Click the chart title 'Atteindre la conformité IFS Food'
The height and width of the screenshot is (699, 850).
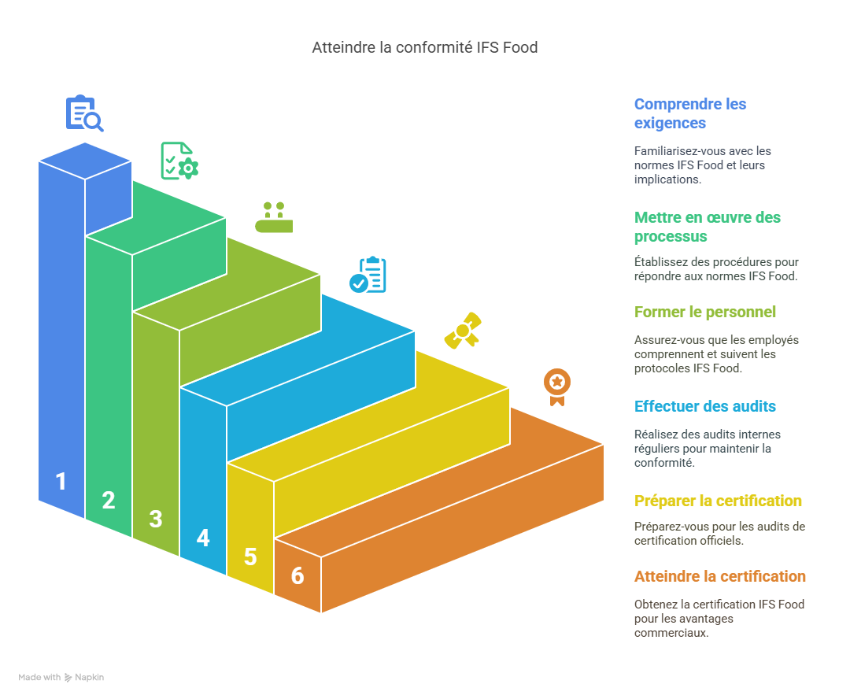point(424,48)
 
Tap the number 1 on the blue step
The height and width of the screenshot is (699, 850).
point(61,481)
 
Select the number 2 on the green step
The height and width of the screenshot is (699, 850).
point(109,500)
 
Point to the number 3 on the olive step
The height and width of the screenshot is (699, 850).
point(156,519)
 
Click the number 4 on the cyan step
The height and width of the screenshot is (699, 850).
point(203,538)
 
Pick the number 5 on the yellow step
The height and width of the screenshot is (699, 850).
point(250,557)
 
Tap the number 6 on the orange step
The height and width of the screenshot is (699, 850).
point(297,575)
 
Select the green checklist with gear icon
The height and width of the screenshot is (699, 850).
point(179,161)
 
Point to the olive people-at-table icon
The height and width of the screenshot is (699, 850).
point(274,218)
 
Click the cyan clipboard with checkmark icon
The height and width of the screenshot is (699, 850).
point(368,275)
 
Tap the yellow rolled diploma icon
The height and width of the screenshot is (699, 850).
point(463,331)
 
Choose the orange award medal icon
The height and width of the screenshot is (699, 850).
point(557,386)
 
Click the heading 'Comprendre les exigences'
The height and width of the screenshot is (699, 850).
point(690,113)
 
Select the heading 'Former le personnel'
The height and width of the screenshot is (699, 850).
point(705,312)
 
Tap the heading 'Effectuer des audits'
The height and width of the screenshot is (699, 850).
point(705,406)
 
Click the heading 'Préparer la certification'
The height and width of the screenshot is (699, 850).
point(718,501)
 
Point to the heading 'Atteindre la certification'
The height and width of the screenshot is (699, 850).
point(720,576)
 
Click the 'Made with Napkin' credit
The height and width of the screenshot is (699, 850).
point(61,677)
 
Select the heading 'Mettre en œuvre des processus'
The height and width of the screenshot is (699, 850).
point(707,227)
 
